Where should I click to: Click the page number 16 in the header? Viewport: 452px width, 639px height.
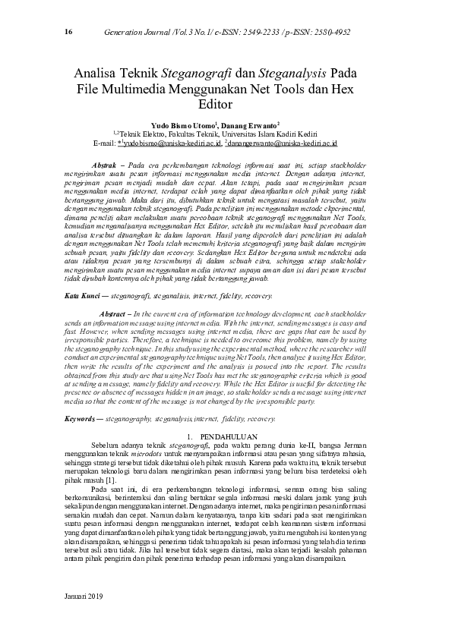pos(68,32)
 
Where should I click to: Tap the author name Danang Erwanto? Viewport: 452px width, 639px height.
pos(251,123)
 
